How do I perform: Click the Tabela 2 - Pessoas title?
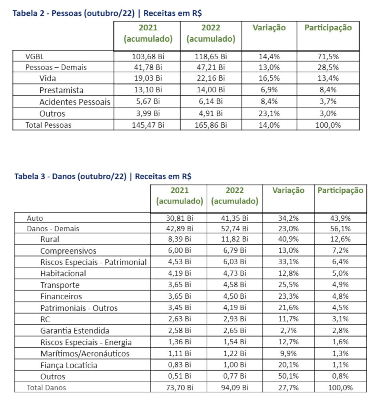107,13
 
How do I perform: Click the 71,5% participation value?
328,56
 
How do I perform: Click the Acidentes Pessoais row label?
74,102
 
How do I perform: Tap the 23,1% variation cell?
269,113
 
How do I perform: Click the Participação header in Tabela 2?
328,28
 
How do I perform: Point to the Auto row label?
35,219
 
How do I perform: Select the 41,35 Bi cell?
234,219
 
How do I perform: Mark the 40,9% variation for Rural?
288,239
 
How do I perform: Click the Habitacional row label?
63,274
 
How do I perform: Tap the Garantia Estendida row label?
74,331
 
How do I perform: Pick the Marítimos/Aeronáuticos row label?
85,354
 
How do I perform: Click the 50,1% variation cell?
288,376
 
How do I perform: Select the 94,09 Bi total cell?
234,388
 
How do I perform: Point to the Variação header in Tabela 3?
288,191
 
